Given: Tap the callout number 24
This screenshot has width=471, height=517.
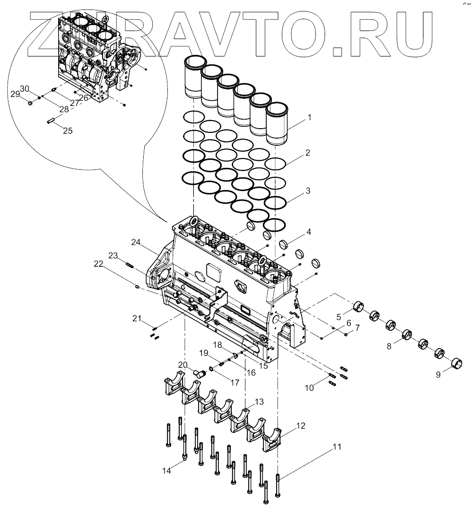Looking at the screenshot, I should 136,242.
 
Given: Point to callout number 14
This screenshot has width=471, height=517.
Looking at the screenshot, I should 166,470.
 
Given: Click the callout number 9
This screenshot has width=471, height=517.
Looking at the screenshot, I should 438,374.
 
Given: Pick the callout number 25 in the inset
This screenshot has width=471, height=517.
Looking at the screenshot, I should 68,131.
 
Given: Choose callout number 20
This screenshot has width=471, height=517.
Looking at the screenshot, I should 183,364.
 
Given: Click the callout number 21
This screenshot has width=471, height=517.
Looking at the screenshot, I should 137,318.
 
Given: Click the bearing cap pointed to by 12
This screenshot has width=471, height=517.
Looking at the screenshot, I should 273,439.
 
